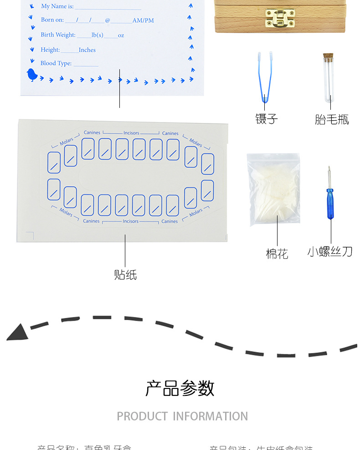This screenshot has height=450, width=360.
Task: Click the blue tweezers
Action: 265,77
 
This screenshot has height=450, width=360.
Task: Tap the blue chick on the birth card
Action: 32,75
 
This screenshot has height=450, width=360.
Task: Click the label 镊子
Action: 266,119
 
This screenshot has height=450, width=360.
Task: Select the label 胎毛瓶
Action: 332,119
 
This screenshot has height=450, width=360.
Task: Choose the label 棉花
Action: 277,253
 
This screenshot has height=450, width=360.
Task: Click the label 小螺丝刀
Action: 330,251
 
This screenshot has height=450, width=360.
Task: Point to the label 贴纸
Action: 125,275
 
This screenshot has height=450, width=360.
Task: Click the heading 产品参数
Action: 180,389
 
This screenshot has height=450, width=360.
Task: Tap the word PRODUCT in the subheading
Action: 142,416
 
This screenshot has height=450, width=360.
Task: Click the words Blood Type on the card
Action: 56,63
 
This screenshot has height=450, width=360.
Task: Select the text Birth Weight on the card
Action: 58,35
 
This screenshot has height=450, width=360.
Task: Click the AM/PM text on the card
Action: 143,20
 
